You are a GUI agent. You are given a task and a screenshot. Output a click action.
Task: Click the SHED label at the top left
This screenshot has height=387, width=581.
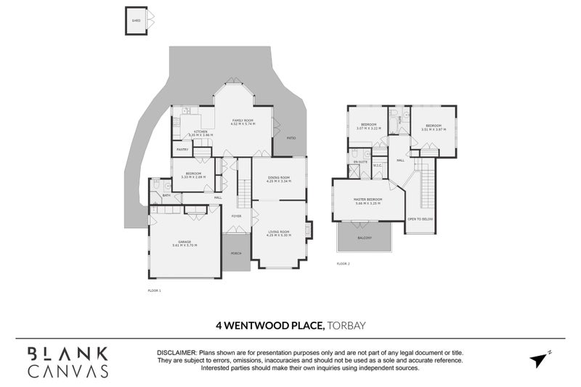(x=135, y=21)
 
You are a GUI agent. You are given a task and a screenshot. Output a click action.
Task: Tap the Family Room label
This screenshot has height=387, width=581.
(x=242, y=121)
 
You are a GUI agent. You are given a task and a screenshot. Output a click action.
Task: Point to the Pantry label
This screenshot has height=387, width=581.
(x=182, y=150)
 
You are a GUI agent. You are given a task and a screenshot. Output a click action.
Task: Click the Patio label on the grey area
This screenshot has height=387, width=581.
(x=290, y=137)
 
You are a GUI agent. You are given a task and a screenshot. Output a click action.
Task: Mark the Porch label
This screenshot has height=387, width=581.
(x=235, y=253)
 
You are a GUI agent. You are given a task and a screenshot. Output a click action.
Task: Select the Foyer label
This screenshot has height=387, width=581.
(x=236, y=216)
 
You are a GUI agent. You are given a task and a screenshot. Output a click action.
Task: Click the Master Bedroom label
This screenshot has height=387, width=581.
(x=369, y=200)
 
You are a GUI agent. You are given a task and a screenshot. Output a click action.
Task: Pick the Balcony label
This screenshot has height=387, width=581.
(x=364, y=237)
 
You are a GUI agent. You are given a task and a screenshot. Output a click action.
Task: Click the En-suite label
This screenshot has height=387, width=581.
(x=360, y=162)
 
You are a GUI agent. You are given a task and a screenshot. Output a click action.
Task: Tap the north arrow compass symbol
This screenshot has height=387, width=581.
(x=537, y=359)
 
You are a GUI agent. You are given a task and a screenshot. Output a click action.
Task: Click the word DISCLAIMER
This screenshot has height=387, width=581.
(x=179, y=352)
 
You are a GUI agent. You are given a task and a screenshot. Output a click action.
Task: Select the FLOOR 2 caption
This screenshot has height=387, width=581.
(x=344, y=264)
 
